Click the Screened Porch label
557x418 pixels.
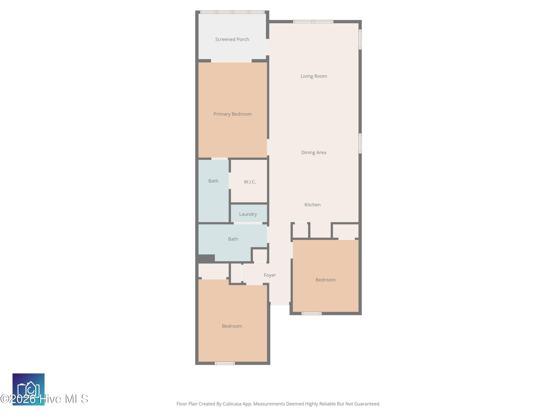[x=232, y=39]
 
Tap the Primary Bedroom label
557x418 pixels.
[x=232, y=114]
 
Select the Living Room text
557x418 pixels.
[x=314, y=76]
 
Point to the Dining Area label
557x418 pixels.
[x=314, y=153]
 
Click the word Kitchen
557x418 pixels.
[x=312, y=205]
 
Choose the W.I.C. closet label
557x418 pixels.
[x=250, y=182]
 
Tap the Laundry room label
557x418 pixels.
[x=248, y=214]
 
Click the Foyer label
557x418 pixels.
[x=270, y=275]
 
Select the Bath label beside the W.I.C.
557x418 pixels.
[x=213, y=181]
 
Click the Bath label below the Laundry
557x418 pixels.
[x=233, y=239]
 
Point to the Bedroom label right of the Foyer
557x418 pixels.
[x=325, y=280]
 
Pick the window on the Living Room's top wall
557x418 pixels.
[x=313, y=22]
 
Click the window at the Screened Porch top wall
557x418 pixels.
[x=232, y=12]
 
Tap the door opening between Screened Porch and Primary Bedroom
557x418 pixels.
[x=231, y=61]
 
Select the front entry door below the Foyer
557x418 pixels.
[x=280, y=303]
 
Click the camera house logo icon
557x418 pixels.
[x=28, y=389]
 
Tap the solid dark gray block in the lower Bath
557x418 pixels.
[x=206, y=258]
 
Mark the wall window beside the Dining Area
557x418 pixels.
[x=360, y=143]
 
